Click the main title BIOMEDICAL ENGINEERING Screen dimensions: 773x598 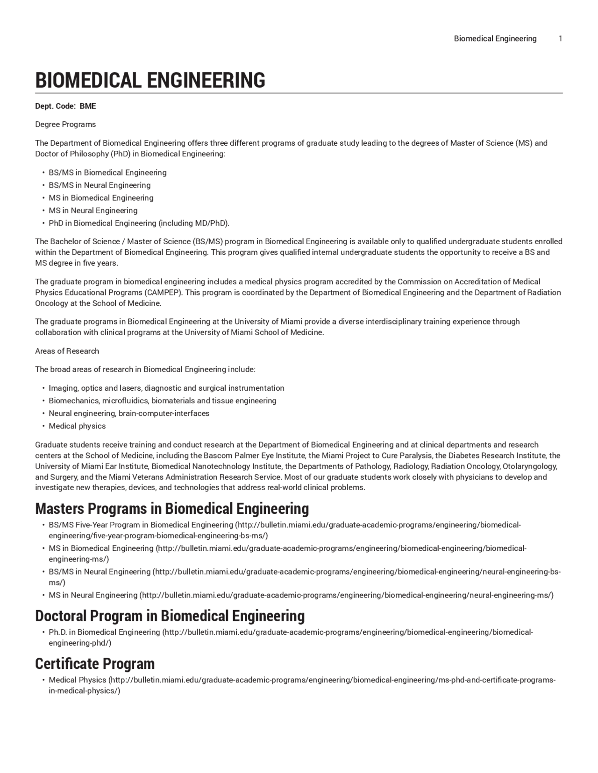150,80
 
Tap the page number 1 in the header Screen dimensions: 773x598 560,39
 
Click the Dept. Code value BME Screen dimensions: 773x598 88,106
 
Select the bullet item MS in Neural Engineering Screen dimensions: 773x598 93,211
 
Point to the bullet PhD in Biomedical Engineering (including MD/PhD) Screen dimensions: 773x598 139,223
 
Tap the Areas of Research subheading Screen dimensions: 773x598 67,351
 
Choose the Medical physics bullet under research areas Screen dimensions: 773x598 77,426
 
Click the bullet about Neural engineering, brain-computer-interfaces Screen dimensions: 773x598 129,414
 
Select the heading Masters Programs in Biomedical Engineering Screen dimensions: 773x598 172,508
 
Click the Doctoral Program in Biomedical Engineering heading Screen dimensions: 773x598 170,616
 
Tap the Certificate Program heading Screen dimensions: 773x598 94,663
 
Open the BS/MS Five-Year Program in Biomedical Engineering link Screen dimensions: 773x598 141,525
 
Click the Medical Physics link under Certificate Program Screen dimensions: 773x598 78,680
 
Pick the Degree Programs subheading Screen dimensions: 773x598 65,125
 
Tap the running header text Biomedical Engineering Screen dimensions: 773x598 495,39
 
